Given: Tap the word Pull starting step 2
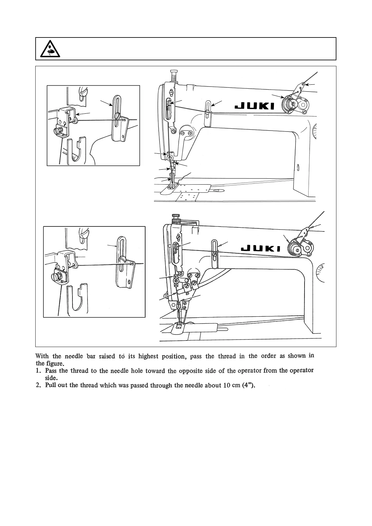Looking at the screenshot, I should pyautogui.click(x=51, y=385).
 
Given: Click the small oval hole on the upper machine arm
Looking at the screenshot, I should pyautogui.click(x=299, y=167).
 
